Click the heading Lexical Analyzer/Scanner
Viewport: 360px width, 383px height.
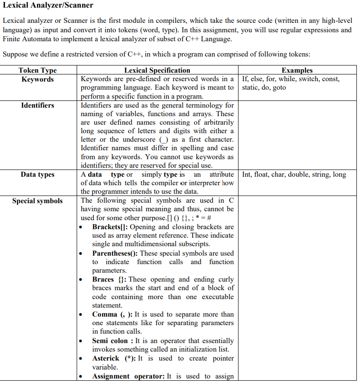[x=48, y=5]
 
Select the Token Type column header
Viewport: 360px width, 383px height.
[x=38, y=70]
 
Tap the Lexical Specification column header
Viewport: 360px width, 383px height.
[x=157, y=70]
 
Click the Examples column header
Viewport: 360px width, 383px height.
[x=297, y=70]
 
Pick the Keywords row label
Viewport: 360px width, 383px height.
[x=38, y=79]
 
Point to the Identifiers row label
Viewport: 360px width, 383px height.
[x=38, y=105]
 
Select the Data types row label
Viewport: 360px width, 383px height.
[x=38, y=174]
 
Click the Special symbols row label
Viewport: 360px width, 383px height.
[x=38, y=201]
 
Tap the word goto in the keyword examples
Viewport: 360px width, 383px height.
[x=279, y=88]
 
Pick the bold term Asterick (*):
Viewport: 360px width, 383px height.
[x=114, y=358]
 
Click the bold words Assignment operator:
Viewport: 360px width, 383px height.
[x=128, y=376]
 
